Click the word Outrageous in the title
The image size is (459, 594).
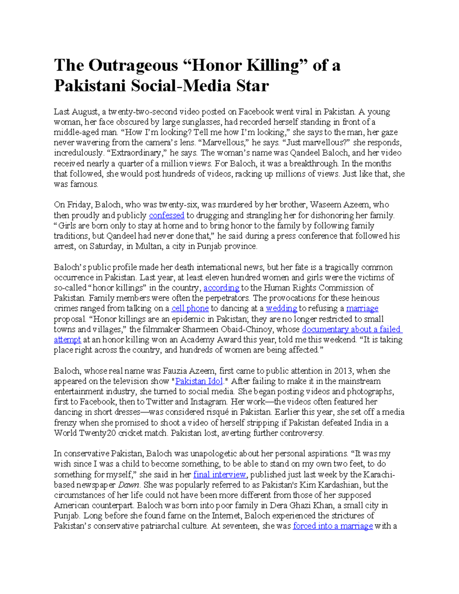click(133, 65)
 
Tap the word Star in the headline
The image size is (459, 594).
click(252, 86)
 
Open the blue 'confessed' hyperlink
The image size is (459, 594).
click(166, 215)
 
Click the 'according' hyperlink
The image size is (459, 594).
click(221, 288)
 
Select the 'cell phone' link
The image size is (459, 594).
click(190, 308)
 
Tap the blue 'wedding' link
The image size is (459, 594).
click(282, 308)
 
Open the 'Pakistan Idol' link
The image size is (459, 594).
click(199, 381)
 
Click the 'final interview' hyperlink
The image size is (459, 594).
click(220, 475)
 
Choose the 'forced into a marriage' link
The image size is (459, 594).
click(333, 526)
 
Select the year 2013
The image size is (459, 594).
click(343, 371)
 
